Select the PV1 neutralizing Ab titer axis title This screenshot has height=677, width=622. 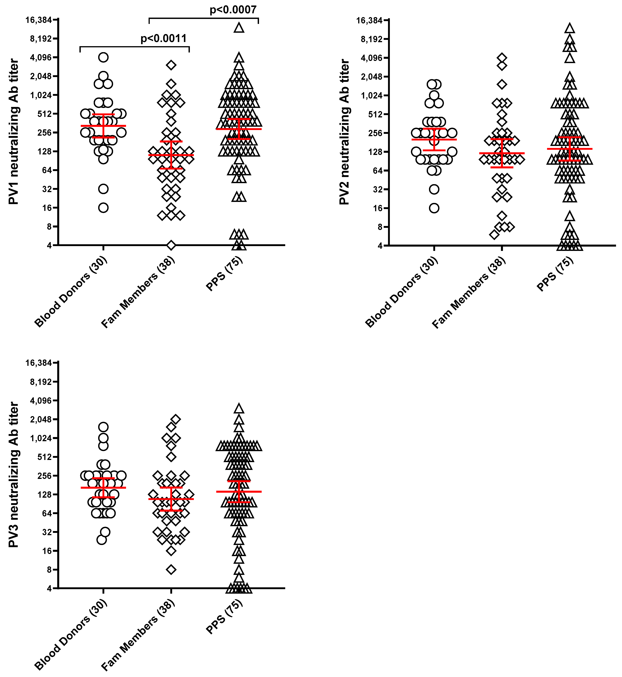13,131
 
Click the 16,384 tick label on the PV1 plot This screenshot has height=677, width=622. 39,20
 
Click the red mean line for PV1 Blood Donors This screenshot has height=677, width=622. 103,126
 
